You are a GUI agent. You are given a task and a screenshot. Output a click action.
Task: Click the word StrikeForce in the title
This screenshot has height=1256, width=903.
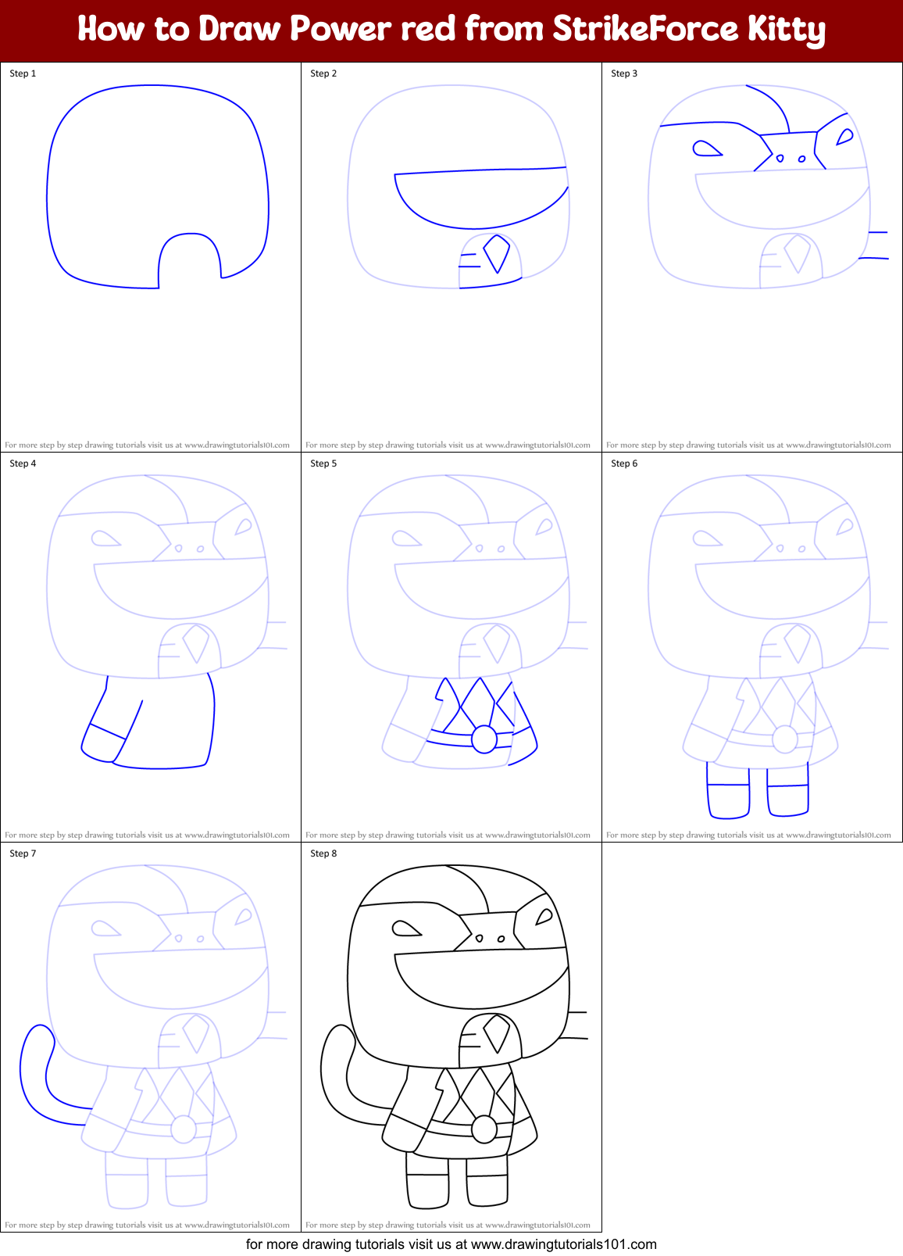point(645,29)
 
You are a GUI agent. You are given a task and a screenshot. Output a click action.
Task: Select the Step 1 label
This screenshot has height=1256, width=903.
point(23,73)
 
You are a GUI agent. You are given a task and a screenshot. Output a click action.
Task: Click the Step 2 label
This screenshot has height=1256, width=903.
point(323,73)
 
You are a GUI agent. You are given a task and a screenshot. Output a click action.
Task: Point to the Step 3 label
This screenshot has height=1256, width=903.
point(624,73)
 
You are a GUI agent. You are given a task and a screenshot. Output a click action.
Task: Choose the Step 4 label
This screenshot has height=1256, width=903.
point(23,463)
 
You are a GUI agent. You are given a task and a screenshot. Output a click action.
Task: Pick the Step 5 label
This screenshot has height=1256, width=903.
point(323,463)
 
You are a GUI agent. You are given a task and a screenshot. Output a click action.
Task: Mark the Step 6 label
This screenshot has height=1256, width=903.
point(624,463)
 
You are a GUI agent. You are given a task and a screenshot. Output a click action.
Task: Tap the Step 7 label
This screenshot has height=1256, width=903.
point(23,853)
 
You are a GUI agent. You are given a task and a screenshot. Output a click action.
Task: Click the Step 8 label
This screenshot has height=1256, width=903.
point(323,853)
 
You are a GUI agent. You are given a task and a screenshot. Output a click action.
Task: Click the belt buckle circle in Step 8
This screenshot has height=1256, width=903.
point(484,1129)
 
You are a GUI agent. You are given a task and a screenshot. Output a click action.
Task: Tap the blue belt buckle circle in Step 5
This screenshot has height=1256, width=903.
point(484,739)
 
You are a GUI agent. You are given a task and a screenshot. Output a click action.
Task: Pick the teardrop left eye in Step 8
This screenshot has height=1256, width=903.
point(405,929)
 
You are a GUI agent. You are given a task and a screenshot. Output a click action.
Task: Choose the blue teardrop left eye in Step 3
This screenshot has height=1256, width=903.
point(706,149)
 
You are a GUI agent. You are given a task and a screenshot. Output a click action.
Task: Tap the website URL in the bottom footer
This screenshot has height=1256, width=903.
point(563,1244)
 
